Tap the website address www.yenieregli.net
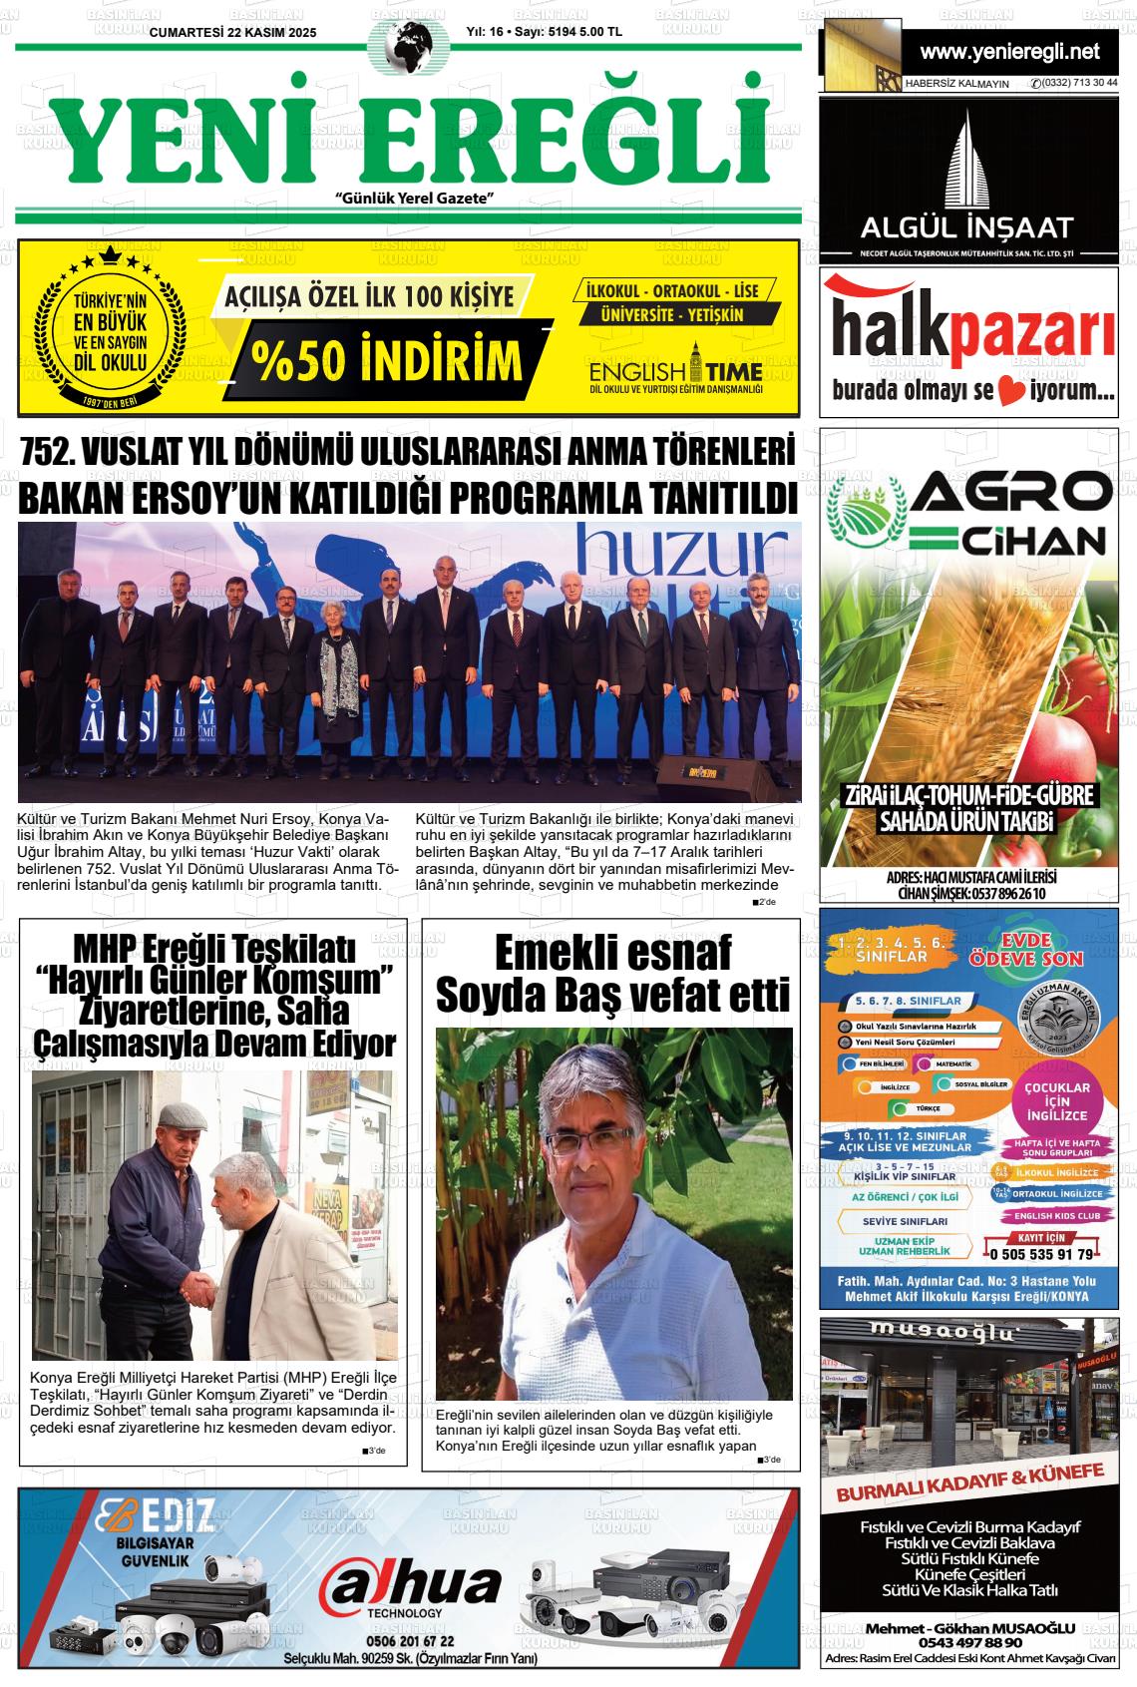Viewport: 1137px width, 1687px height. [x=1009, y=51]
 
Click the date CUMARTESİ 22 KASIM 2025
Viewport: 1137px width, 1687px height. [x=232, y=32]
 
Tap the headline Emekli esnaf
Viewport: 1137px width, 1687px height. [x=612, y=952]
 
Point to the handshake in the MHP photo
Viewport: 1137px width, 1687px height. [x=203, y=1292]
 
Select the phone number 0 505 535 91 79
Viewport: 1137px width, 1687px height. [x=1042, y=1254]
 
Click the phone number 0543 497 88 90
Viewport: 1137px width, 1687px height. [x=971, y=1642]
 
